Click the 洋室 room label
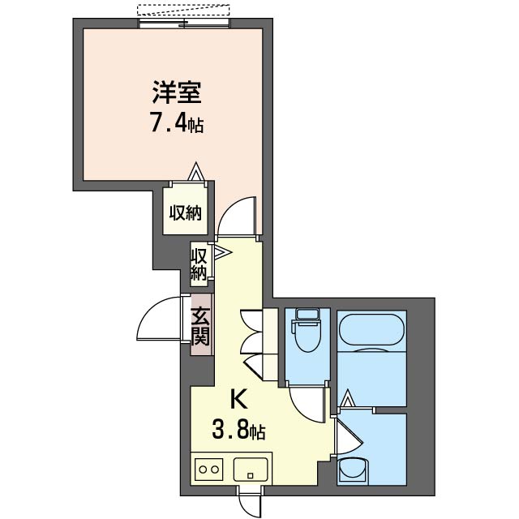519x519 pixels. point(177,92)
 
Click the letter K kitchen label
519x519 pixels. point(238,399)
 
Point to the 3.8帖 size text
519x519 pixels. point(238,429)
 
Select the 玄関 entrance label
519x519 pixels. point(201,326)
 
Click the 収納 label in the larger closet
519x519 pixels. point(186,212)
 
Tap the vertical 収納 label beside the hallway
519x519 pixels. point(198,264)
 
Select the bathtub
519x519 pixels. point(371,332)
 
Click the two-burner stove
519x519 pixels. point(208,469)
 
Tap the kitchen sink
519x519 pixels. point(251,470)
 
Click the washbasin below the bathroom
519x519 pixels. point(353,470)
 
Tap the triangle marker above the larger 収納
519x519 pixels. point(196,171)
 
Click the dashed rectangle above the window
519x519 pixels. point(183,10)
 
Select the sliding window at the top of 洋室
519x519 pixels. point(184,24)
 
